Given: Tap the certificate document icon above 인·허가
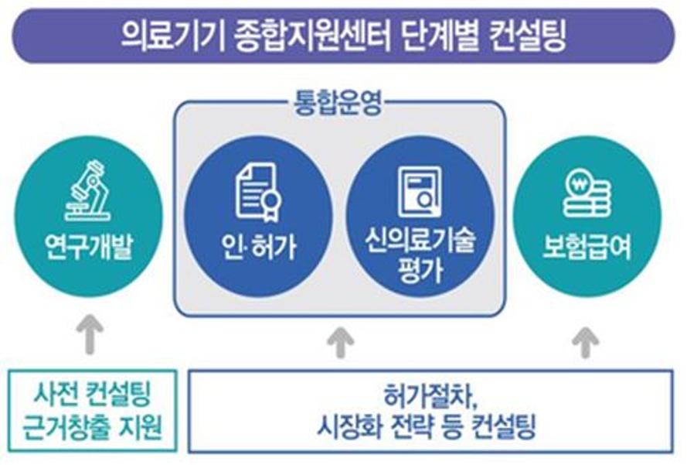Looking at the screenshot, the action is point(258,192).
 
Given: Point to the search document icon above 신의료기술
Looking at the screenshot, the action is point(420,193).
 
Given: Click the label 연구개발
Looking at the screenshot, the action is point(89,247).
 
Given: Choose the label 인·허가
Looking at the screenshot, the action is point(259,247).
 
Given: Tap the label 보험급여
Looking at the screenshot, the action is point(587,247).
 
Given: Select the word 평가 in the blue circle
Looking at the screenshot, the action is point(420,270).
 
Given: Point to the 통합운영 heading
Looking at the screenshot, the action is point(338,102).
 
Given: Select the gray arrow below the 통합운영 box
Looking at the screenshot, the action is point(341,342).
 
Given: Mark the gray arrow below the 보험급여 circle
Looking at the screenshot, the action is point(586,342).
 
